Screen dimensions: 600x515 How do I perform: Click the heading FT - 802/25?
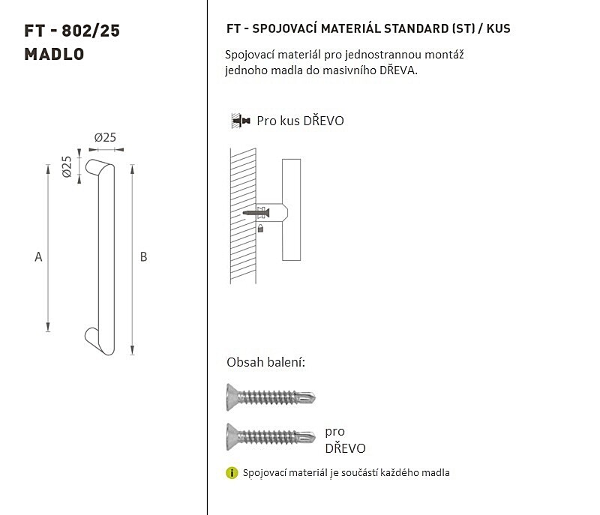[72, 31]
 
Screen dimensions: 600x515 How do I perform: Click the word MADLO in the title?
[54, 54]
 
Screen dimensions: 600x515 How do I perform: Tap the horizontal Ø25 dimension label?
[105, 137]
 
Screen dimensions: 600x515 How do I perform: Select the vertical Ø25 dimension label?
[67, 166]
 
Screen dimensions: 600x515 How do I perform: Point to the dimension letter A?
[38, 257]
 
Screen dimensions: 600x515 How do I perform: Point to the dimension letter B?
[143, 257]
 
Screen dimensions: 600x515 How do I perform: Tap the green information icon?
[232, 473]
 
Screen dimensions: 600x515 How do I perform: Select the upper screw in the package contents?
[271, 397]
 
